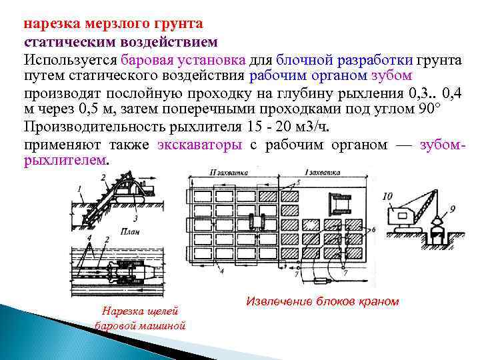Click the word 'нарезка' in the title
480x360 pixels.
[53, 25]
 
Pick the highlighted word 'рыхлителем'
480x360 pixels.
[65, 161]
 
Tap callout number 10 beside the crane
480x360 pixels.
[388, 197]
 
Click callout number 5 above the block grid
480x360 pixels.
[297, 182]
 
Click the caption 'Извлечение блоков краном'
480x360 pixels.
[322, 301]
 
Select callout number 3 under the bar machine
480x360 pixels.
[135, 217]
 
